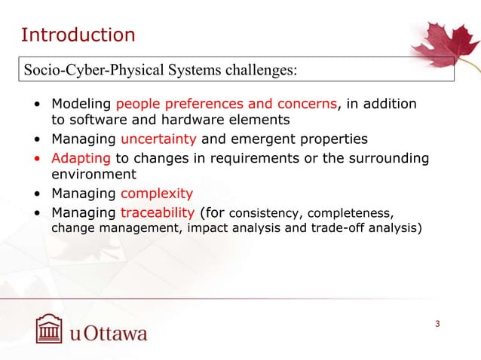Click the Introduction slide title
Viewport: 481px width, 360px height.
click(78, 35)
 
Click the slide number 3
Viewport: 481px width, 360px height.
click(437, 324)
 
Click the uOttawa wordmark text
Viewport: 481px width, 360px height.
click(109, 333)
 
